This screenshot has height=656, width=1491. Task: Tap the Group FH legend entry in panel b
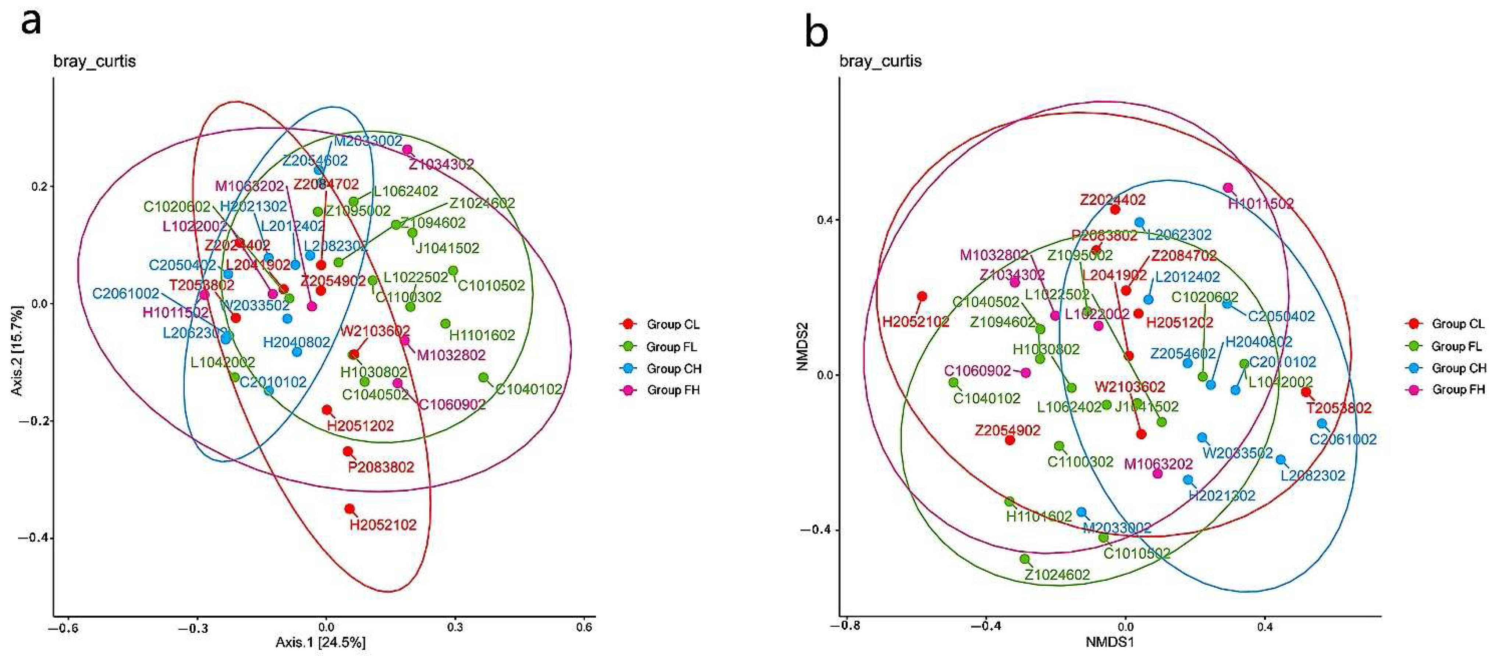tap(1458, 389)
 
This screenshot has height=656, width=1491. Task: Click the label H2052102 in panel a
tap(383, 525)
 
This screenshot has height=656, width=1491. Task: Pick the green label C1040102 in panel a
tap(529, 389)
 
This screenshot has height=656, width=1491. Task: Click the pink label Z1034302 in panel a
tap(441, 164)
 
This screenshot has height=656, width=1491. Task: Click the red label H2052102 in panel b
tap(916, 322)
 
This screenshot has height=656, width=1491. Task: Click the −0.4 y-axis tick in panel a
tap(31, 538)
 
